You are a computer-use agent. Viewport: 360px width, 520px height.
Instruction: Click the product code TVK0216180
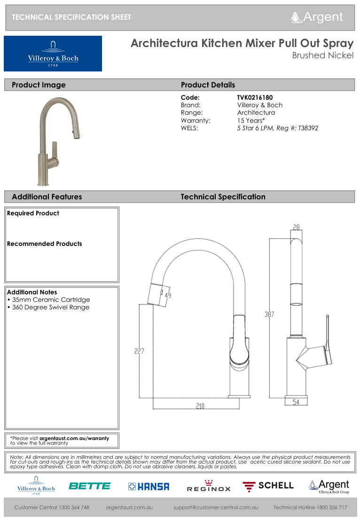pos(255,97)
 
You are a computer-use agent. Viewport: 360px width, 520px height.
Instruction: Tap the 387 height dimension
pos(269,315)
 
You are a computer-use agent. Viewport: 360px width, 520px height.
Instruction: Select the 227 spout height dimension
pos(139,351)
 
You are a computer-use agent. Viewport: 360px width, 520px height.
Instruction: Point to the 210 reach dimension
pos(200,406)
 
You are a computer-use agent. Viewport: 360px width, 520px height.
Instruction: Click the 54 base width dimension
pos(297,402)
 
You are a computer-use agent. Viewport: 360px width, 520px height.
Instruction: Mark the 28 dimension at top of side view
pos(296,228)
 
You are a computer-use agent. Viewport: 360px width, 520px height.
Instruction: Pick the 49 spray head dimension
pos(167,295)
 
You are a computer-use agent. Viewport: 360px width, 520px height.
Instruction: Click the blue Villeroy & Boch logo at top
pos(53,54)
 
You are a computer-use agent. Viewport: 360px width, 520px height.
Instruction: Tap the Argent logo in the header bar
pos(317,17)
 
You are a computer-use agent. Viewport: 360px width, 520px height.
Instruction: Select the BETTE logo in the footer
pos(89,486)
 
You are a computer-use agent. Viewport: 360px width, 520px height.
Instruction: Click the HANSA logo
pos(149,487)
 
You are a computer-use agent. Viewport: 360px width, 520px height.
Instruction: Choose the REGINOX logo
pos(209,487)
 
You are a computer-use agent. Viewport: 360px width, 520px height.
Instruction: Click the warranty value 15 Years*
pos(251,120)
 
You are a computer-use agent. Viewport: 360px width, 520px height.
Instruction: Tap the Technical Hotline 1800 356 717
pos(310,508)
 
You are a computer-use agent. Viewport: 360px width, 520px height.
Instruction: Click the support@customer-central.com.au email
pos(216,508)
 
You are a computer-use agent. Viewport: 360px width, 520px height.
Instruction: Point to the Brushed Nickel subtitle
pos(322,55)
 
